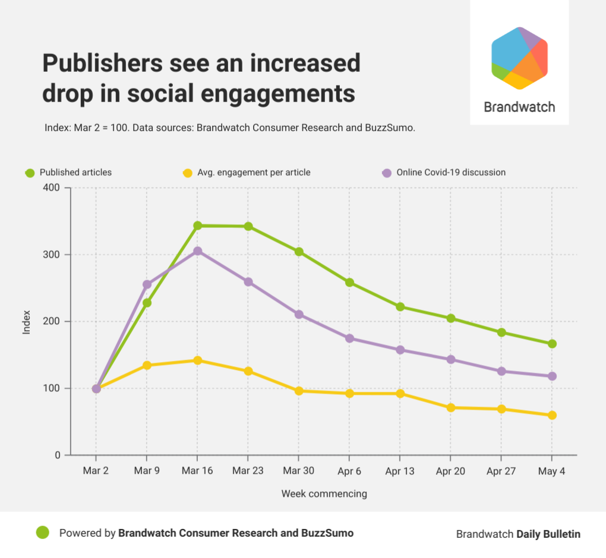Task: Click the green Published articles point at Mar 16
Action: pyautogui.click(x=197, y=226)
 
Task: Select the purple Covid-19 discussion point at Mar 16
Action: pyautogui.click(x=197, y=251)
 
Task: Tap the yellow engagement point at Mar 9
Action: pyautogui.click(x=147, y=365)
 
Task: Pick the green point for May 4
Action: pyautogui.click(x=552, y=344)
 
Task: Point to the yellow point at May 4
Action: pyautogui.click(x=552, y=415)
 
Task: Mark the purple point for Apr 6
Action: pyautogui.click(x=349, y=338)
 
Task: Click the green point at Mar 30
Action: pyautogui.click(x=299, y=252)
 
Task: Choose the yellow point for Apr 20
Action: pyautogui.click(x=450, y=408)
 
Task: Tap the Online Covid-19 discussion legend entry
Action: pyautogui.click(x=451, y=173)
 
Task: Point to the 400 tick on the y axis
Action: pyautogui.click(x=53, y=188)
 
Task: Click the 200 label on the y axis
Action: pyautogui.click(x=53, y=322)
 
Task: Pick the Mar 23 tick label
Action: pyautogui.click(x=248, y=471)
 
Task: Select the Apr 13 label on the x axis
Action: pyautogui.click(x=400, y=471)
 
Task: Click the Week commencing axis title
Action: pyautogui.click(x=324, y=493)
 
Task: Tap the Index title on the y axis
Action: pyautogui.click(x=26, y=322)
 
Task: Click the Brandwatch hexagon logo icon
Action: pyautogui.click(x=519, y=58)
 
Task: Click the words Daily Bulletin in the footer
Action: pyautogui.click(x=548, y=534)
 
